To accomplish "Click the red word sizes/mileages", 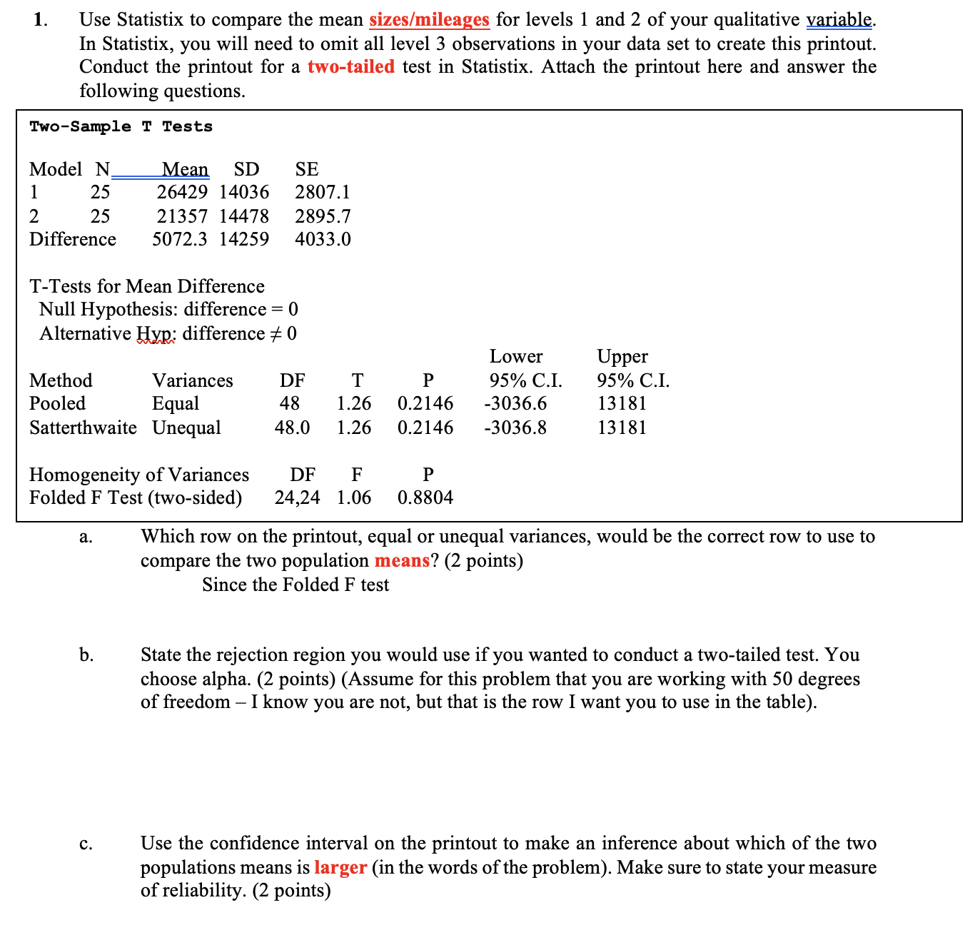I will click(429, 19).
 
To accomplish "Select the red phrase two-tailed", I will click(350, 66).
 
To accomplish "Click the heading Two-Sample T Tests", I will click(121, 126).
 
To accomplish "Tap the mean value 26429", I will click(182, 192).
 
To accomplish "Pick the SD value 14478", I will click(243, 216).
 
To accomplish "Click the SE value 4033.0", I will click(323, 239).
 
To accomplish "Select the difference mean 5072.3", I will click(179, 239).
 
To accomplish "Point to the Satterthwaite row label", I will click(83, 428).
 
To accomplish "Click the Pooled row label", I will click(57, 403).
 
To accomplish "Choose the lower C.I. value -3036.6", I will click(515, 403).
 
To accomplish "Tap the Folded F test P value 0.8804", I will click(425, 497).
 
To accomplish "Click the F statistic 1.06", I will click(354, 497).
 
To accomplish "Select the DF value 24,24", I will click(297, 497).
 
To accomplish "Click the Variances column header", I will click(192, 380).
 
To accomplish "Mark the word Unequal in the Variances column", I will click(186, 428).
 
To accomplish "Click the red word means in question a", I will click(402, 560).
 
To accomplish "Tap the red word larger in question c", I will click(340, 867).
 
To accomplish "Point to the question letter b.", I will click(86, 654).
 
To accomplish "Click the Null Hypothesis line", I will click(168, 309).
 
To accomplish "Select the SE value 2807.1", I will click(322, 192).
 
